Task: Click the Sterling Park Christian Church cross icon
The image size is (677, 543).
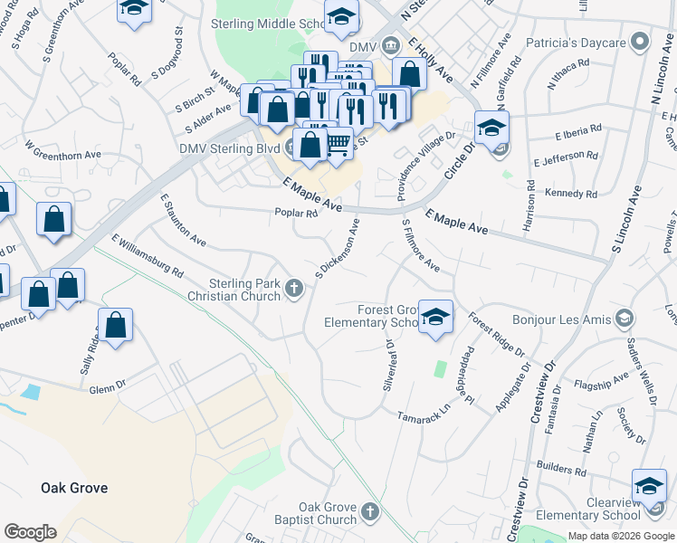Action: pos(293,288)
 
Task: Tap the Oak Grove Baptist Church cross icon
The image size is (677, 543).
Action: pos(368,513)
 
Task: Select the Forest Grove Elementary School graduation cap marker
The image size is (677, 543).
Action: pos(435,318)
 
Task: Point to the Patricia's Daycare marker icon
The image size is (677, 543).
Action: pos(641,42)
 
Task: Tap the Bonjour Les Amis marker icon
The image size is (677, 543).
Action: pos(624,319)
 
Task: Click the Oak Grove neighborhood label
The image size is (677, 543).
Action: pos(74,488)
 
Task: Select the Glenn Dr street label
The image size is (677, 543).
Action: pos(108,388)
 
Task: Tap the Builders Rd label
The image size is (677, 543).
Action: pos(561,471)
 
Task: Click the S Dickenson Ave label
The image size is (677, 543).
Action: pos(343,247)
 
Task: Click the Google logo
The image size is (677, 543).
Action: pos(29,532)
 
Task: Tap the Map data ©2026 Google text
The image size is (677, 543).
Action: pos(620,535)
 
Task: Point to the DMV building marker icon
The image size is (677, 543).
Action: pos(390,44)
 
